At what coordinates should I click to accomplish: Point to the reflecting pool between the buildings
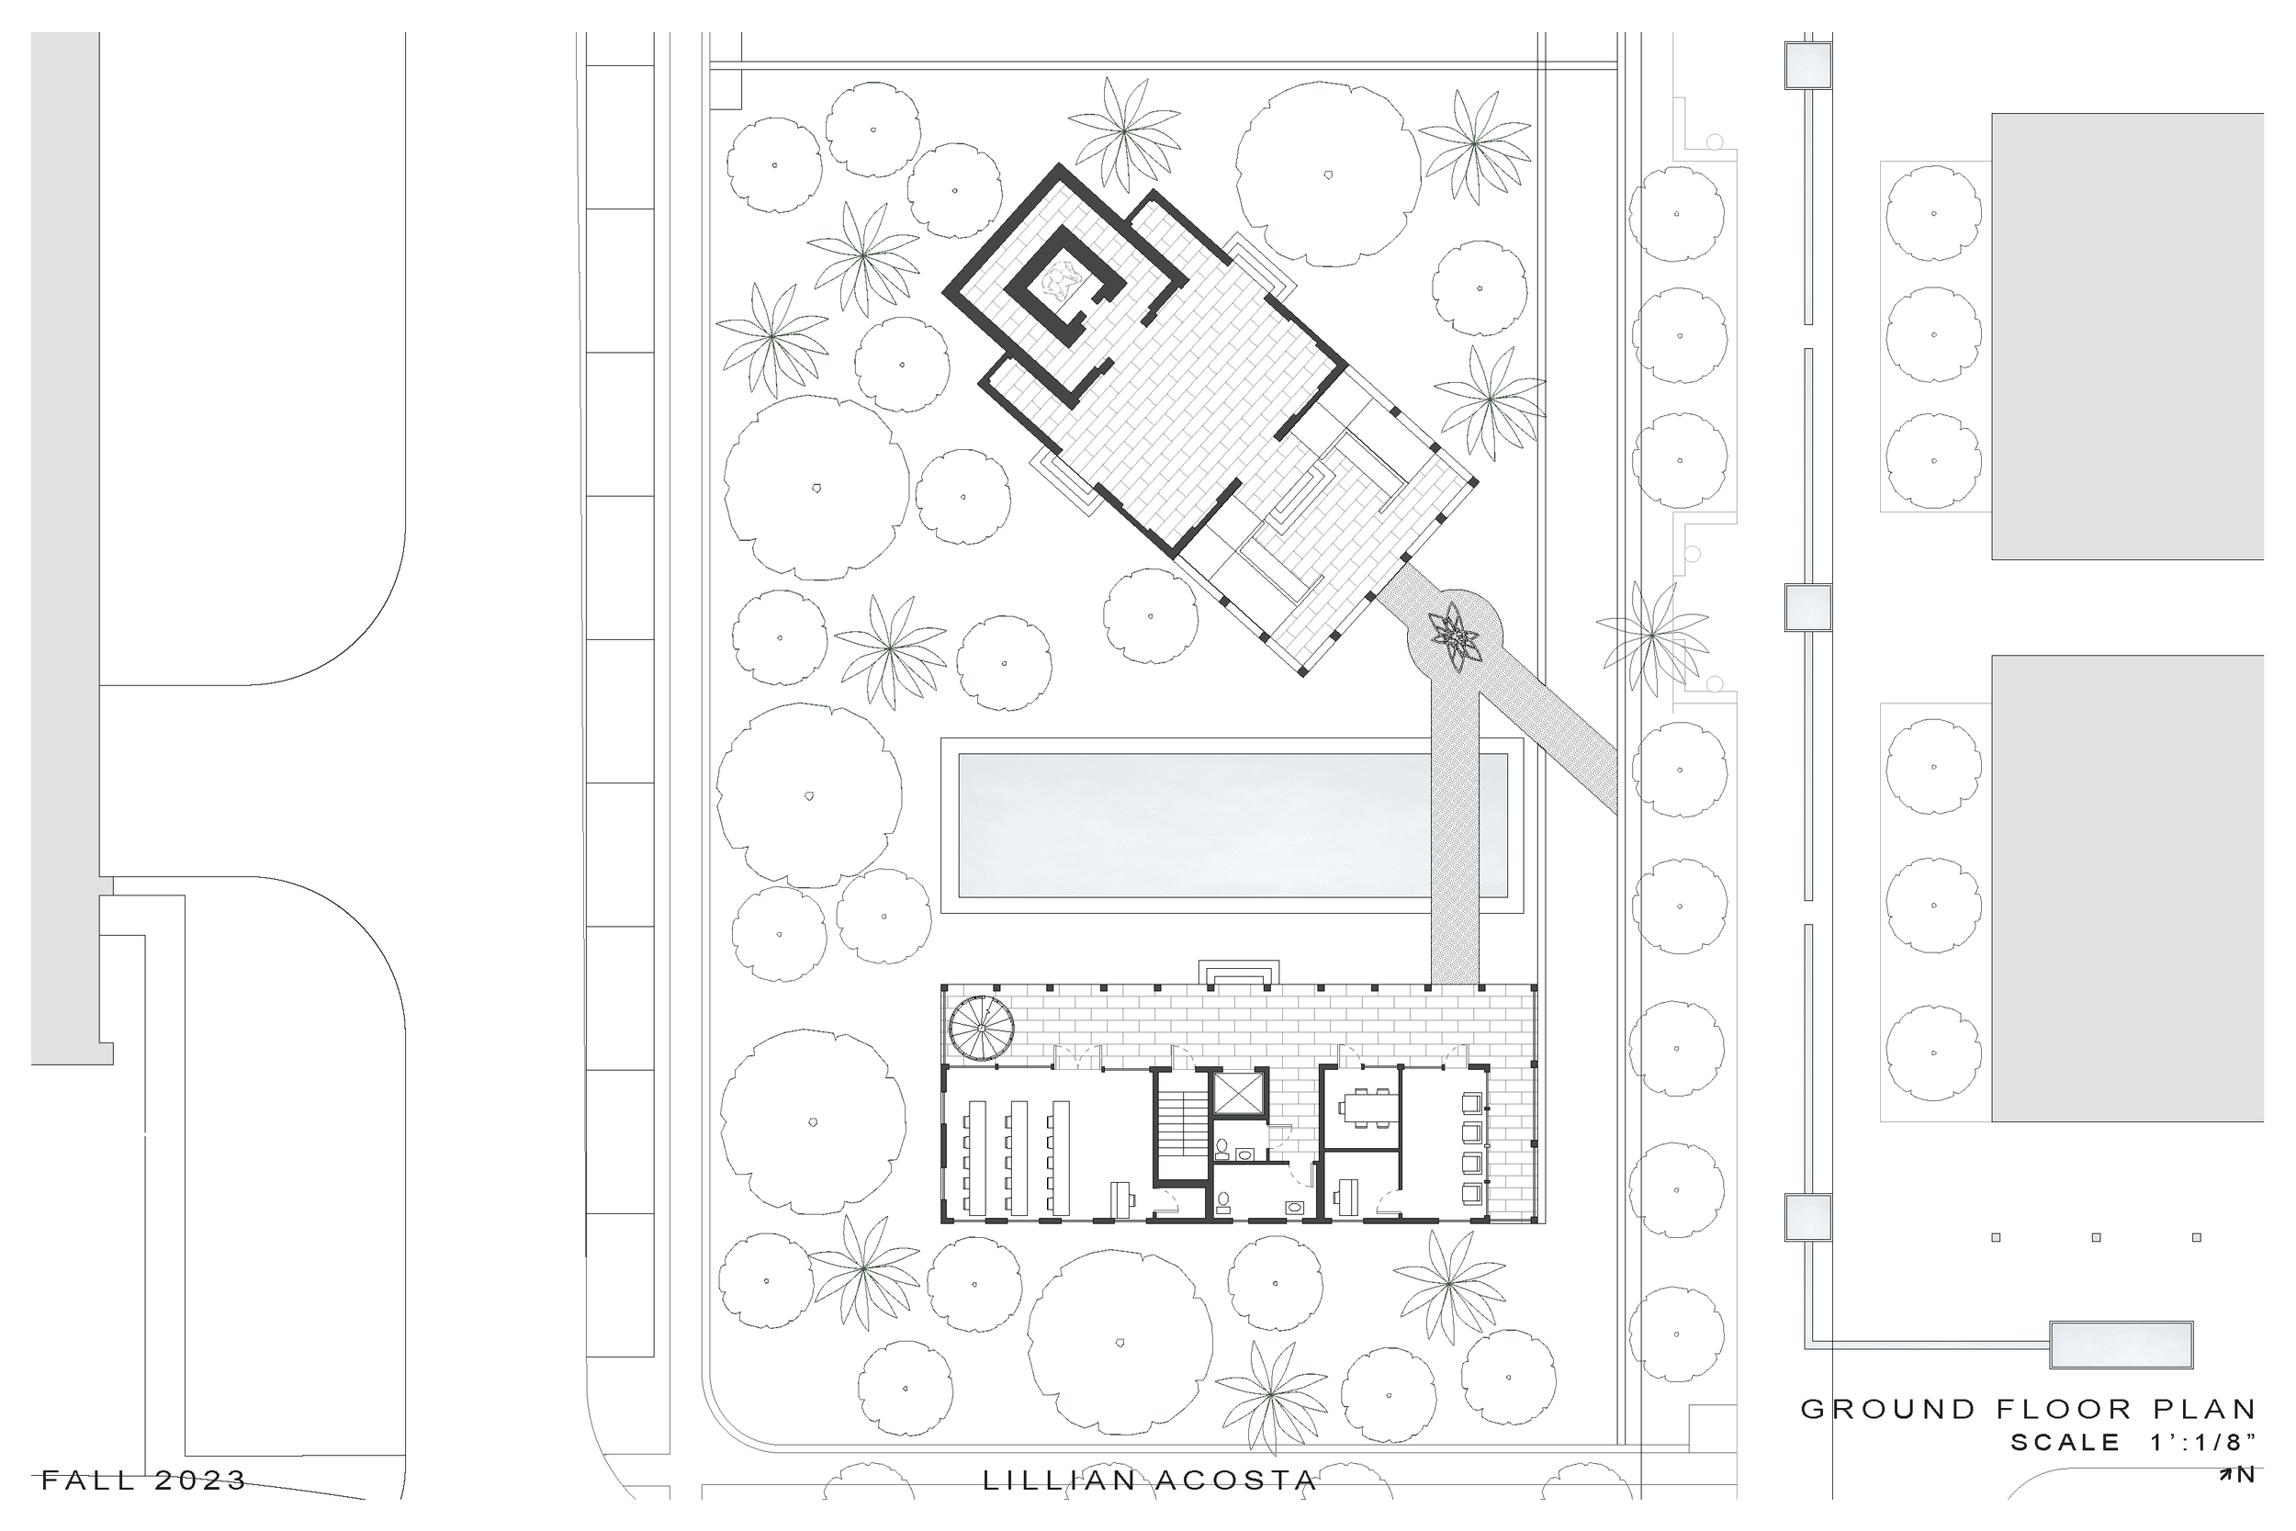point(1232,825)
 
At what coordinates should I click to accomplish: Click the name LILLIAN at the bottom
point(1058,1481)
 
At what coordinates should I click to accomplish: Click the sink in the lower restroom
point(1297,1207)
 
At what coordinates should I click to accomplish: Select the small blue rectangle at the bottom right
point(2122,1345)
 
